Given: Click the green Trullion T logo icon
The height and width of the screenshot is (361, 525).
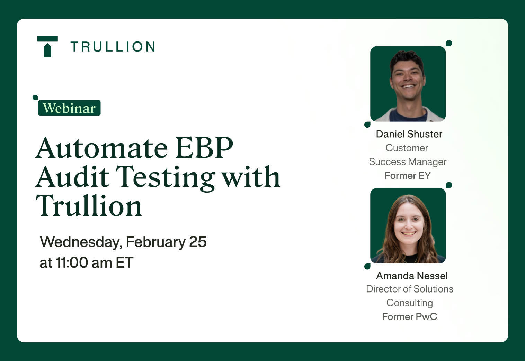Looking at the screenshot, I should (x=47, y=46).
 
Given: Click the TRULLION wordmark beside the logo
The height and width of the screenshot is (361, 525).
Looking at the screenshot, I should (x=113, y=47).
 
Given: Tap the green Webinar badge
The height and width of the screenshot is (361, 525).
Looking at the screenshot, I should (x=69, y=108).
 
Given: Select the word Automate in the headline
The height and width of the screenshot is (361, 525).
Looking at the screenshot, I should (x=102, y=148).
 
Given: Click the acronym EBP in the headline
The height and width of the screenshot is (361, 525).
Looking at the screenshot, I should (x=204, y=148).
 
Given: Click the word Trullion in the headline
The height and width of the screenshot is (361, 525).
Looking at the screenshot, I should (x=89, y=206).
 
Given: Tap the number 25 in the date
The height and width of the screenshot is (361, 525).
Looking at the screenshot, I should (x=198, y=242).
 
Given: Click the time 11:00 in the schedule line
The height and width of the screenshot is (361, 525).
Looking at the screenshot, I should (x=72, y=263).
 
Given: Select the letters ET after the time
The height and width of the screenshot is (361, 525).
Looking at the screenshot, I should (x=124, y=263).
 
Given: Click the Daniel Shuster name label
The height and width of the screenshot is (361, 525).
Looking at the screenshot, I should (x=409, y=134).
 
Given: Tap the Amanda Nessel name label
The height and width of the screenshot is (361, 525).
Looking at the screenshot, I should (x=412, y=276).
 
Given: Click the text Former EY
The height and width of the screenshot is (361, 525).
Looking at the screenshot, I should (x=408, y=176).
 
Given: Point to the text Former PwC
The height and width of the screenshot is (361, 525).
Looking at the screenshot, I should (x=409, y=317).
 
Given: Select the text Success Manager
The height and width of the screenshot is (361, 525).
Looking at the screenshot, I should (x=408, y=162).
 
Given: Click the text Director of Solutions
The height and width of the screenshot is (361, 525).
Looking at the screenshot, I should (x=409, y=289).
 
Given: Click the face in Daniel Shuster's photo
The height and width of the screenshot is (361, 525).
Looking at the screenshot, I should (x=408, y=78).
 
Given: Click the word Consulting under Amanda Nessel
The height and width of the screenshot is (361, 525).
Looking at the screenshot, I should (x=409, y=303).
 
